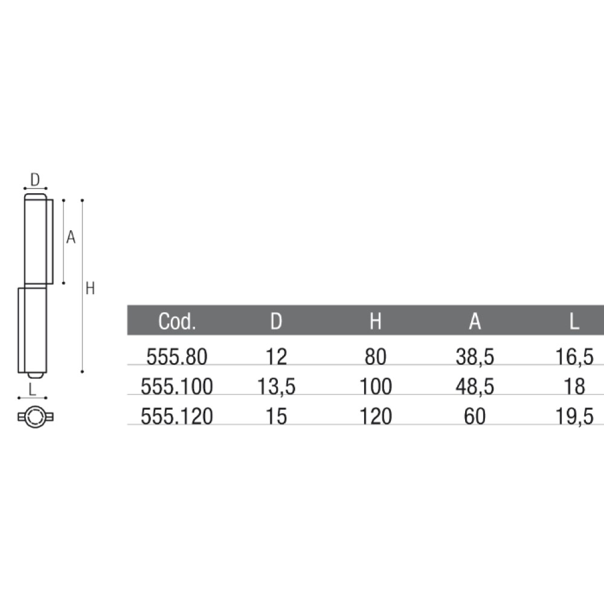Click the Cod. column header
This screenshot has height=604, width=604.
click(177, 321)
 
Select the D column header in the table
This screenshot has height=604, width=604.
click(276, 321)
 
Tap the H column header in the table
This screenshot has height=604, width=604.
click(376, 321)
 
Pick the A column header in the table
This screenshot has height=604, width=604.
click(475, 321)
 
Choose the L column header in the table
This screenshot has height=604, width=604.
click(574, 321)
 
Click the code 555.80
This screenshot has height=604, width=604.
click(177, 357)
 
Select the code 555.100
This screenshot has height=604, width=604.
click(177, 387)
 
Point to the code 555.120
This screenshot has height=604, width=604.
click(177, 416)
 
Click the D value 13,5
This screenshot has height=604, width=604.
click(276, 387)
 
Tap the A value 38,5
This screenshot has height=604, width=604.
click(475, 357)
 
